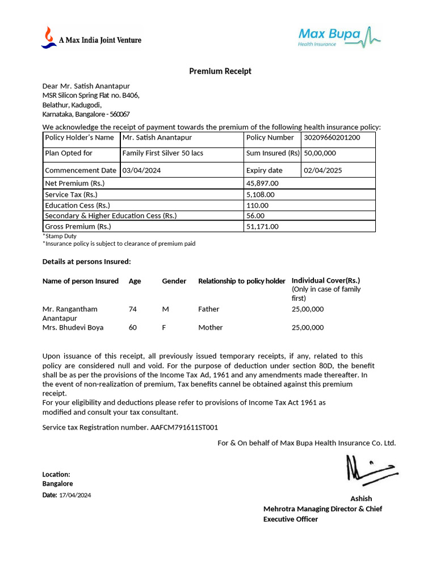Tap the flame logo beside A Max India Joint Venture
point(48,37)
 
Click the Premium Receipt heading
point(220,71)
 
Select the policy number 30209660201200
point(332,137)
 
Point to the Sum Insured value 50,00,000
point(320,153)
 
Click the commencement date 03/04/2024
point(142,170)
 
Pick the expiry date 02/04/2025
point(322,170)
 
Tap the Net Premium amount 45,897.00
point(262,183)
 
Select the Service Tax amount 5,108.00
point(260,195)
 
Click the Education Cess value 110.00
point(257,205)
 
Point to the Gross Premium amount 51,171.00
point(262,226)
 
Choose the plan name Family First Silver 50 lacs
point(162,153)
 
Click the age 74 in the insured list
point(133,309)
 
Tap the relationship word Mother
point(210,327)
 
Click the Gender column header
point(174,281)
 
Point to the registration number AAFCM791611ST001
point(185,427)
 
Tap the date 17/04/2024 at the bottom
point(75,495)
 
